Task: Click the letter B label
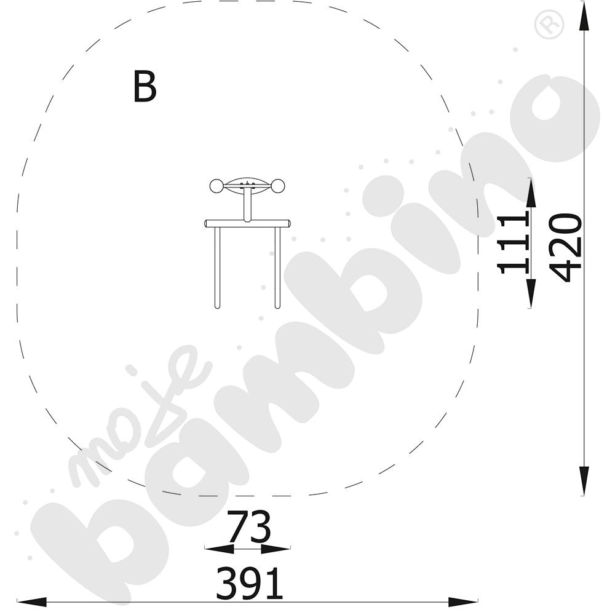(145, 87)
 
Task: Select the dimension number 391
(250, 583)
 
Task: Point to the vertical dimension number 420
(565, 248)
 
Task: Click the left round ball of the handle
(216, 186)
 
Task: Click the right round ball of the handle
(278, 186)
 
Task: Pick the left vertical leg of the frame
(217, 268)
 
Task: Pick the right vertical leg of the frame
(277, 268)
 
